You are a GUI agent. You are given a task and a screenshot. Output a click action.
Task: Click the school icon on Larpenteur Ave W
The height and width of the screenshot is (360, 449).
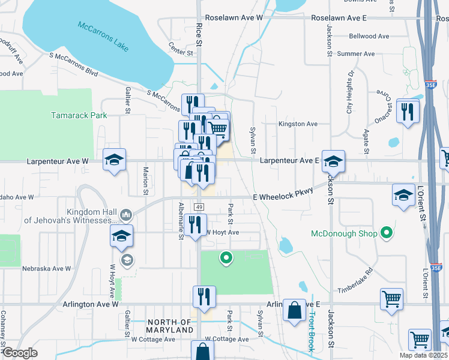[x=114, y=160]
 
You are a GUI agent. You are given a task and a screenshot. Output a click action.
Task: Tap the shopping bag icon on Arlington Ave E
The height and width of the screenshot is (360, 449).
[x=294, y=311]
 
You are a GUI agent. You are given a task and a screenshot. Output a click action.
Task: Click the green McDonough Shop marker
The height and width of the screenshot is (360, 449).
[x=387, y=233]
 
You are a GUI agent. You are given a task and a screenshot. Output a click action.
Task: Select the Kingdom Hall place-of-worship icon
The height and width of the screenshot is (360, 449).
[x=125, y=215]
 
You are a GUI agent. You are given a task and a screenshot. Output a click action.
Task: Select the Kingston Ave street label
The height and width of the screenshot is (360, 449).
[x=297, y=124]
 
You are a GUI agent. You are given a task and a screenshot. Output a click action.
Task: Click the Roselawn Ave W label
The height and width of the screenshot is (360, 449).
[x=234, y=19]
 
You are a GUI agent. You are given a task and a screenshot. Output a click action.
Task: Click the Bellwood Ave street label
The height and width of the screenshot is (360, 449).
[x=369, y=37]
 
